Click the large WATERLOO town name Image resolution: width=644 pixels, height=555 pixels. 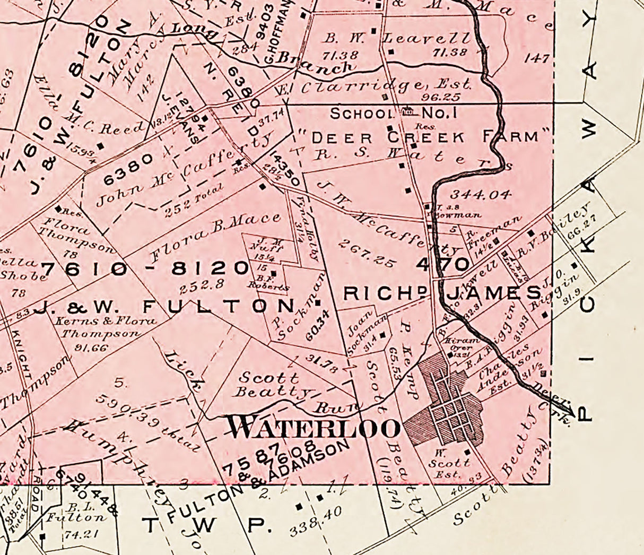(x=313, y=427)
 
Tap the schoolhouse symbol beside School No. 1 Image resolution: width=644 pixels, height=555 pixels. (x=408, y=111)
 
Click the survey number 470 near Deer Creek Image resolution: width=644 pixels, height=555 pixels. (x=443, y=264)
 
